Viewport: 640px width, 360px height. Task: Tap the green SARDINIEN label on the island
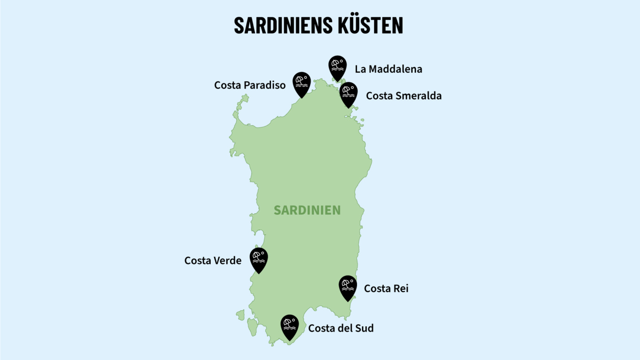point(307,210)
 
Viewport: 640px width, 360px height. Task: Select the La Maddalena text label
point(388,69)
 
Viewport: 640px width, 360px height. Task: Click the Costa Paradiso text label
point(250,85)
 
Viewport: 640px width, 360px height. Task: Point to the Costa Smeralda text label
point(404,96)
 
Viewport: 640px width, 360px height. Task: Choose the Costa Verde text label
point(213,260)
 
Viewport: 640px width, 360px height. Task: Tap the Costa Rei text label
point(386,288)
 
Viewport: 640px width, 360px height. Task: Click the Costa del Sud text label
point(341,328)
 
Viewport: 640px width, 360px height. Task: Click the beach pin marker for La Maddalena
point(337,67)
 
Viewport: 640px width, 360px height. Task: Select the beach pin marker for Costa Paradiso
point(302,83)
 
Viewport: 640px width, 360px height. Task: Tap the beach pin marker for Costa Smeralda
point(348,93)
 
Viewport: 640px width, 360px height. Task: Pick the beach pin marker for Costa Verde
point(259,259)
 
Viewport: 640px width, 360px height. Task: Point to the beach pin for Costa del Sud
point(290,325)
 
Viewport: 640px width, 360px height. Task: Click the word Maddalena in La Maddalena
point(395,69)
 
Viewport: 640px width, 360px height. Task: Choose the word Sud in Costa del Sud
point(365,328)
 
